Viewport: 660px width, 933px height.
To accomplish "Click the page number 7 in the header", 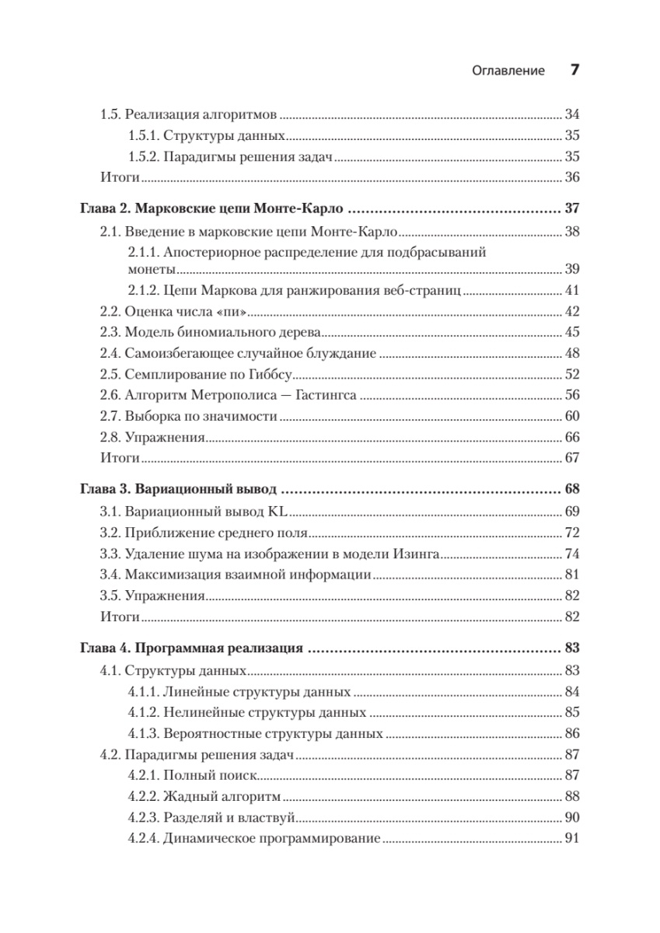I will click(574, 70).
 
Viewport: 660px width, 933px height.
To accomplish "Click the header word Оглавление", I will click(508, 71).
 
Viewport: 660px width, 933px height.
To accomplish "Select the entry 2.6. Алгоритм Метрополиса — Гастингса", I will click(229, 395).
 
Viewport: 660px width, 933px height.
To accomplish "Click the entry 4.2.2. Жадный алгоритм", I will click(204, 797).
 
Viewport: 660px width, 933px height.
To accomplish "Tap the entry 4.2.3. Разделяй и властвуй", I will click(213, 818).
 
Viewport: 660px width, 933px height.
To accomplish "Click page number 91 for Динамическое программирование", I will click(572, 839).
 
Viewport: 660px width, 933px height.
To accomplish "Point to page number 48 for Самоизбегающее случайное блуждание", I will click(572, 354).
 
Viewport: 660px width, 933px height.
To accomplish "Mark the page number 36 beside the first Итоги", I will click(572, 177).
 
